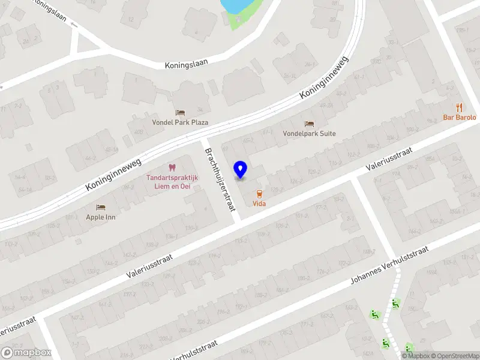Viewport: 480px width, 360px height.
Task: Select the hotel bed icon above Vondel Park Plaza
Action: click(180, 112)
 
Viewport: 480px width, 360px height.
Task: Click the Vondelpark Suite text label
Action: click(309, 134)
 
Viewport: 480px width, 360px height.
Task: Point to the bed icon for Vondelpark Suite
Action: click(309, 124)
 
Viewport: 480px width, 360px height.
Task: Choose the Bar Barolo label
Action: click(460, 118)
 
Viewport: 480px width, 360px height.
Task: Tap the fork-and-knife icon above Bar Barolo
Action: click(460, 107)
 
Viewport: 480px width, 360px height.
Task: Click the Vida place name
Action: click(259, 204)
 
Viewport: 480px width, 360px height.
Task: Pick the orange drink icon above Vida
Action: click(259, 194)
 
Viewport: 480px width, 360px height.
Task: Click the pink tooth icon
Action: click(172, 167)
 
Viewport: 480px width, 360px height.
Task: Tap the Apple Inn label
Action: click(101, 217)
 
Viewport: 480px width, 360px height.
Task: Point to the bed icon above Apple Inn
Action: click(101, 206)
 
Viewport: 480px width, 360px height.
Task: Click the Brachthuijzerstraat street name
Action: click(219, 180)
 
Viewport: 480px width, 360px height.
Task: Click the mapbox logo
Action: click(25, 353)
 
